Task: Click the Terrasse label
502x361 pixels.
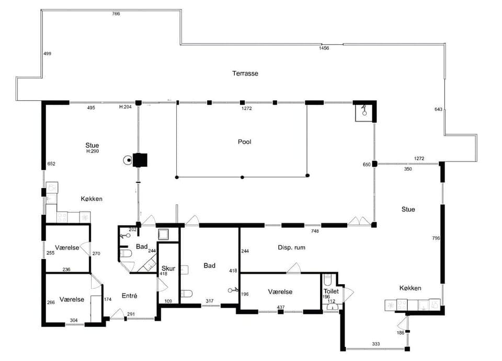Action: pyautogui.click(x=245, y=73)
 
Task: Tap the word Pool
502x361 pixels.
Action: pyautogui.click(x=245, y=142)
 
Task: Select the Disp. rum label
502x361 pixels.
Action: pyautogui.click(x=291, y=247)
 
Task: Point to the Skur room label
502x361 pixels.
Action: pyautogui.click(x=168, y=269)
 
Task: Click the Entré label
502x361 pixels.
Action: pyautogui.click(x=129, y=296)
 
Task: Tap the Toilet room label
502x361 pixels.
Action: pyautogui.click(x=331, y=292)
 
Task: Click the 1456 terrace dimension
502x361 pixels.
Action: pyautogui.click(x=324, y=48)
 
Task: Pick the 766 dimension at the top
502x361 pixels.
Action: pyautogui.click(x=116, y=14)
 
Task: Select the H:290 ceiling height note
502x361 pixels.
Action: pyautogui.click(x=93, y=151)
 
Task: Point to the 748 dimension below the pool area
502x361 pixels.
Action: pyautogui.click(x=315, y=231)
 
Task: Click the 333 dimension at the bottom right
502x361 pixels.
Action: pyautogui.click(x=376, y=344)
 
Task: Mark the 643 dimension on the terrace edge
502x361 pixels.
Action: pyautogui.click(x=438, y=109)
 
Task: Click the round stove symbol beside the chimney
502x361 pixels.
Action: pyautogui.click(x=128, y=160)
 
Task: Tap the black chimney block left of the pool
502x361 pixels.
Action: pyautogui.click(x=140, y=160)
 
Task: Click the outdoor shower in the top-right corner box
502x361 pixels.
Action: pyautogui.click(x=364, y=110)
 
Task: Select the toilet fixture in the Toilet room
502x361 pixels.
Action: pyautogui.click(x=327, y=280)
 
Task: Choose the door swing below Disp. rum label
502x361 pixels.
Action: pyautogui.click(x=294, y=268)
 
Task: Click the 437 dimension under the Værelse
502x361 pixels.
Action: pyautogui.click(x=280, y=307)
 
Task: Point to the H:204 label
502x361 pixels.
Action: pyautogui.click(x=125, y=107)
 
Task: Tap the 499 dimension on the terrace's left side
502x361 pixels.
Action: pyautogui.click(x=48, y=53)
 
